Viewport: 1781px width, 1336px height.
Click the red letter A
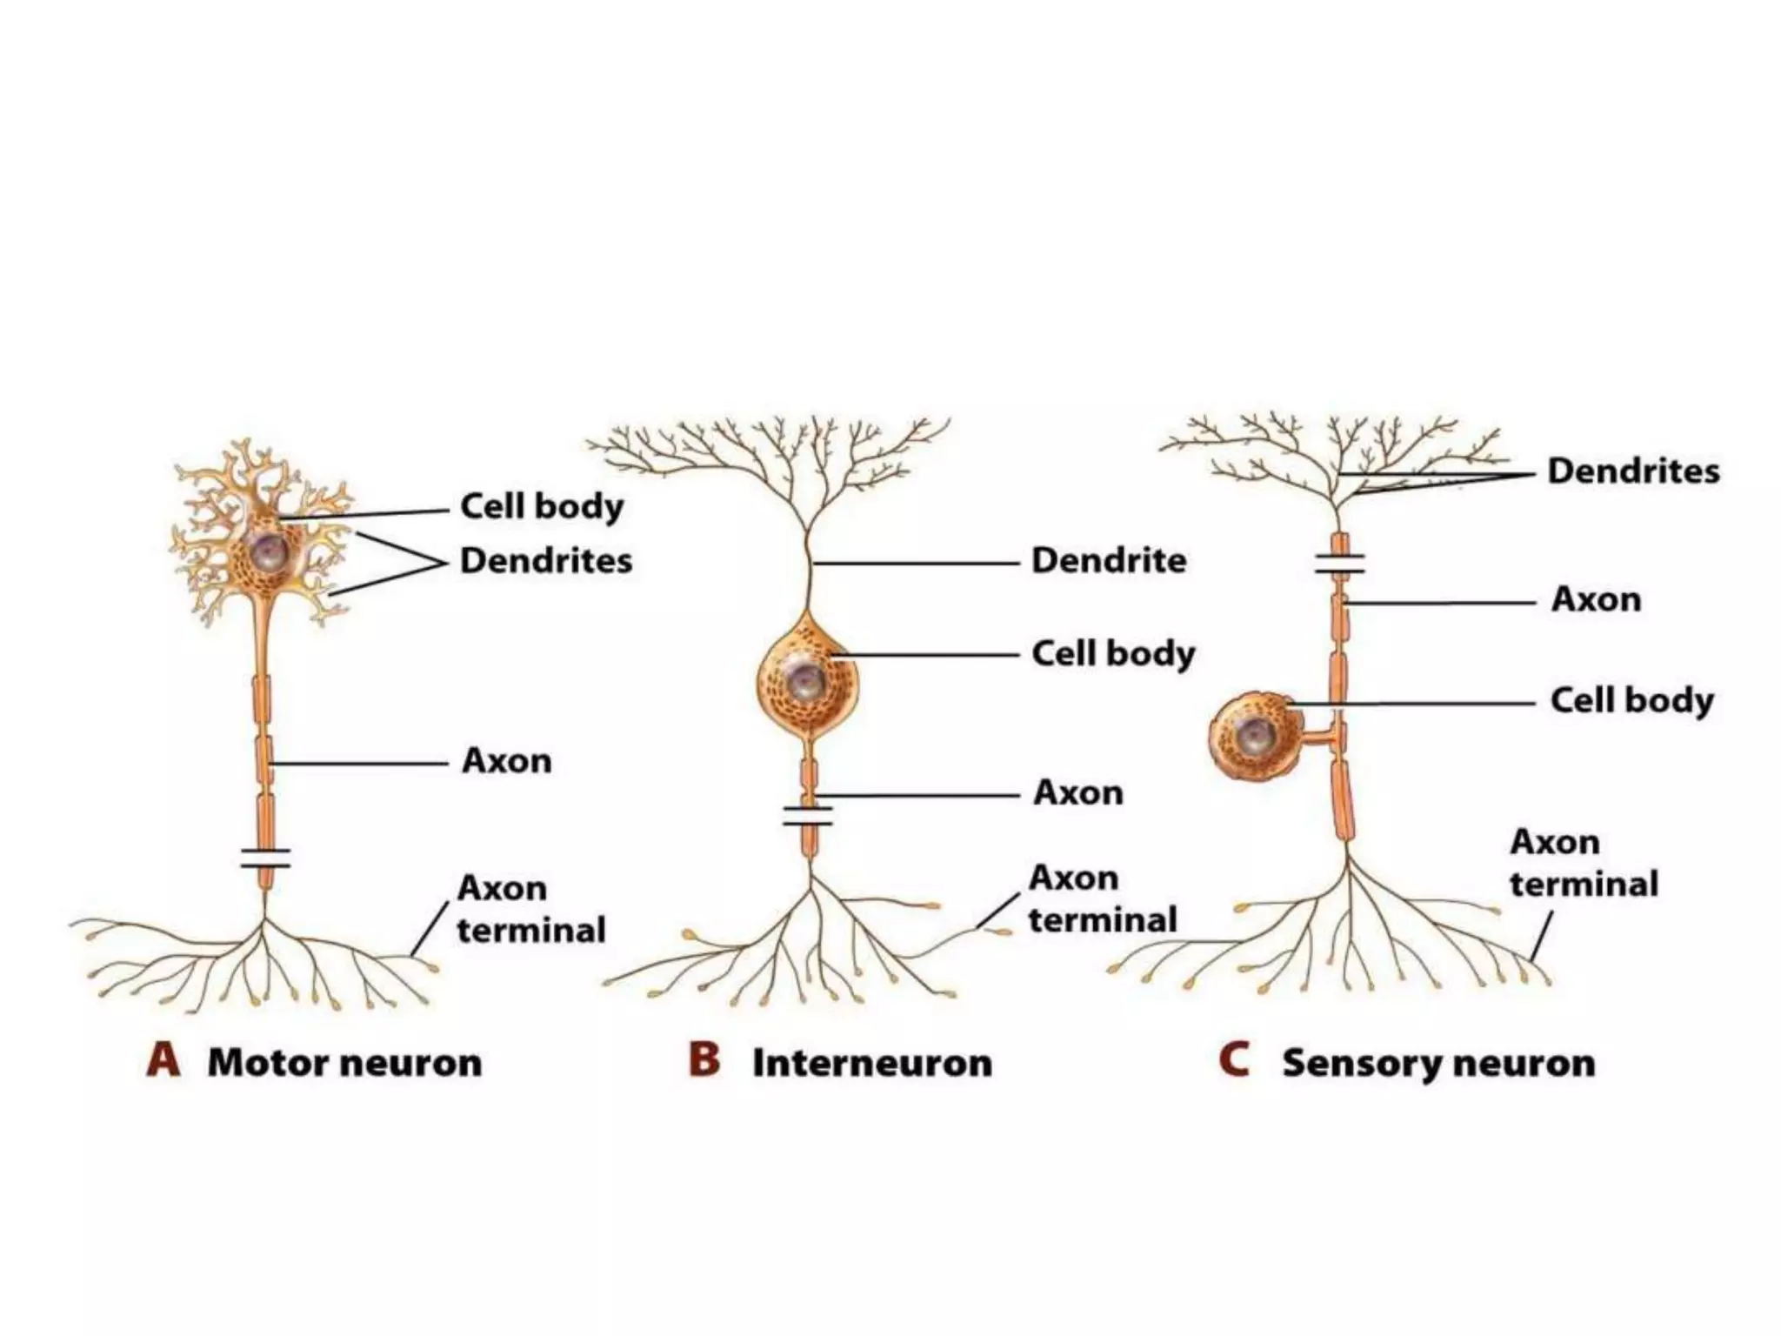pyautogui.click(x=163, y=1061)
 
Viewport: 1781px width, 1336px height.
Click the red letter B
pyautogui.click(x=704, y=1061)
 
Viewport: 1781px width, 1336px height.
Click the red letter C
pyautogui.click(x=1234, y=1061)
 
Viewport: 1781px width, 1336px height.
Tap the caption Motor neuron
pyautogui.click(x=344, y=1063)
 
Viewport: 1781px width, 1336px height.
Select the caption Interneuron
pyautogui.click(x=871, y=1063)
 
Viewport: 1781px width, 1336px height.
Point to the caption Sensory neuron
pyautogui.click(x=1438, y=1063)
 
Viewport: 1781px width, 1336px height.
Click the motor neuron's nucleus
pyautogui.click(x=264, y=549)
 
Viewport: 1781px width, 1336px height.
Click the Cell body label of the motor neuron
pyautogui.click(x=541, y=506)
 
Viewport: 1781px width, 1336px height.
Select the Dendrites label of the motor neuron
pyautogui.click(x=546, y=560)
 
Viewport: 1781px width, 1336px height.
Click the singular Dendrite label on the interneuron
pyautogui.click(x=1108, y=560)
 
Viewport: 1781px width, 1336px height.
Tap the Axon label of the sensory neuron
pyautogui.click(x=1596, y=599)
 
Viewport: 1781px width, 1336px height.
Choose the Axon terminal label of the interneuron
pyautogui.click(x=1101, y=898)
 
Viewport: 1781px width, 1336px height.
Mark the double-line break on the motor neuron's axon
pyautogui.click(x=266, y=858)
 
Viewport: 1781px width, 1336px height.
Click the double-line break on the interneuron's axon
pyautogui.click(x=808, y=816)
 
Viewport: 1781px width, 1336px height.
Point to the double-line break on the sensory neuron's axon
pyautogui.click(x=1339, y=564)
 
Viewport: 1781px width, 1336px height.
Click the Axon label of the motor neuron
pyautogui.click(x=506, y=761)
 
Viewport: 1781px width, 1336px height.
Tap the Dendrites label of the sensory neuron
pyautogui.click(x=1633, y=471)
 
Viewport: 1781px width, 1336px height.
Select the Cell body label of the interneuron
pyautogui.click(x=1113, y=654)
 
